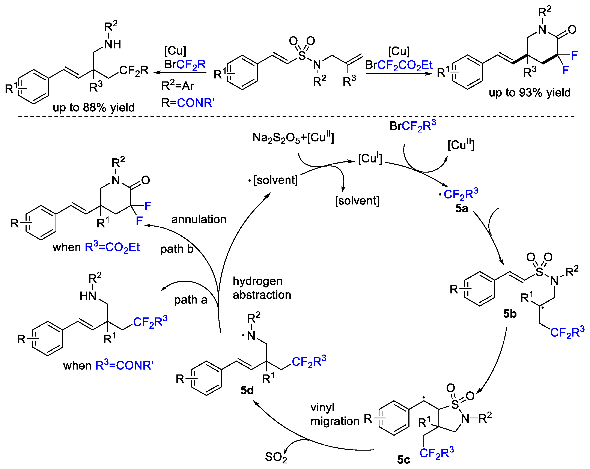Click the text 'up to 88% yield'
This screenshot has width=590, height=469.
click(94, 108)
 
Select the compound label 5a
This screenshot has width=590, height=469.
click(461, 209)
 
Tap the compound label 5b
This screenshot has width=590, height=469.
click(510, 314)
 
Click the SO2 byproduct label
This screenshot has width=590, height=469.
click(276, 457)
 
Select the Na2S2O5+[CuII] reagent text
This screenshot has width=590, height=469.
click(293, 138)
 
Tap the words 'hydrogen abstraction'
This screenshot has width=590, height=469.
click(262, 288)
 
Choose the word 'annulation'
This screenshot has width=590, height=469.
click(199, 219)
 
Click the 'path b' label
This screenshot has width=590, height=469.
click(177, 249)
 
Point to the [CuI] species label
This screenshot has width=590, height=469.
click(370, 158)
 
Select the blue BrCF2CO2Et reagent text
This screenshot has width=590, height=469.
click(399, 65)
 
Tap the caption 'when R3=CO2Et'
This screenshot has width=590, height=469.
click(96, 247)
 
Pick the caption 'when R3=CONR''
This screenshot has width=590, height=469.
click(108, 365)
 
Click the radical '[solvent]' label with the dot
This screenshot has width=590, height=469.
click(274, 180)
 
